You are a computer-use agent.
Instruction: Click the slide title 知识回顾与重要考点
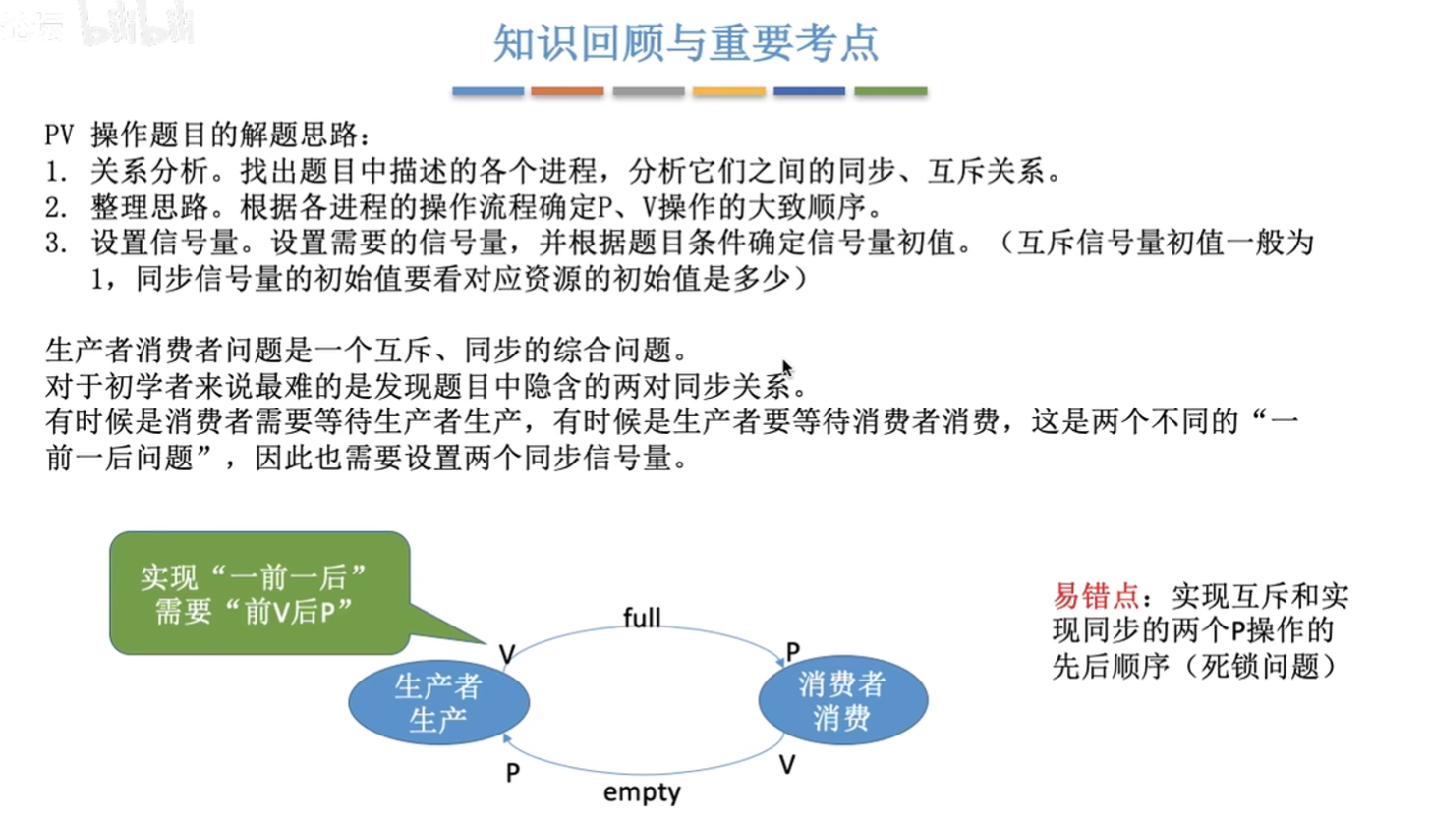point(686,43)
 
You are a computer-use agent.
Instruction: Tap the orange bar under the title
point(567,91)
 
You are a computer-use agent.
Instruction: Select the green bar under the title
point(890,91)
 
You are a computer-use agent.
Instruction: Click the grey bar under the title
point(649,91)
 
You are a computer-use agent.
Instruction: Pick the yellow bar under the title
point(729,91)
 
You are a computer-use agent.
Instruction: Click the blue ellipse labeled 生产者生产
point(439,702)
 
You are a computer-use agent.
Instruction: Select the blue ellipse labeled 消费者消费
point(842,700)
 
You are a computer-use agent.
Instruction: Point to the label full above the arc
point(642,618)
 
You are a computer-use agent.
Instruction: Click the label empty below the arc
point(642,792)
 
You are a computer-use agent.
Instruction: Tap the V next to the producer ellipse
point(507,654)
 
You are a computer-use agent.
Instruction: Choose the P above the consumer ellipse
point(792,651)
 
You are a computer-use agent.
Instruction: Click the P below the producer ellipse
point(513,773)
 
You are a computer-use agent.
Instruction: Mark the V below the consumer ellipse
point(787,764)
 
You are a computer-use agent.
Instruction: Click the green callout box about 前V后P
point(259,593)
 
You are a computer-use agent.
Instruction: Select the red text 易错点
point(1096,596)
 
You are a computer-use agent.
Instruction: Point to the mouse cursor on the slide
point(787,369)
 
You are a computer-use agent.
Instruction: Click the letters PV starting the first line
point(59,136)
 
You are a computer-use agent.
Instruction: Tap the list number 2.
point(55,207)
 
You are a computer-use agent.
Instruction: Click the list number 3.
point(55,244)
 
